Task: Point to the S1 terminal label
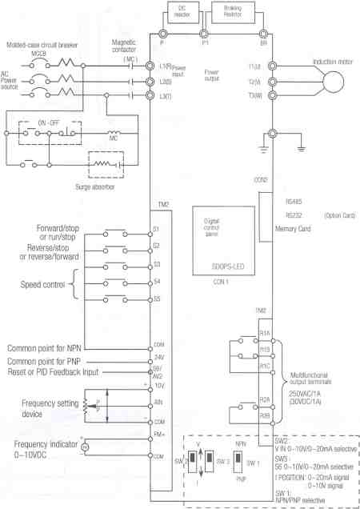tap(157, 230)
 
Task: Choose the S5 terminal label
tap(157, 300)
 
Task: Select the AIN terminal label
tap(158, 404)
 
